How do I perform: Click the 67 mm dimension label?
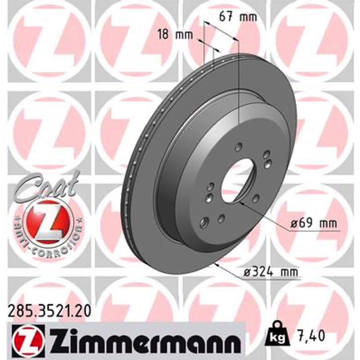pos(238,17)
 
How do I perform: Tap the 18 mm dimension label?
pos(175,35)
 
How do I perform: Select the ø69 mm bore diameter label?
pos(313,223)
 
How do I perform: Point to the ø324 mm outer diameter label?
pos(271,272)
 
